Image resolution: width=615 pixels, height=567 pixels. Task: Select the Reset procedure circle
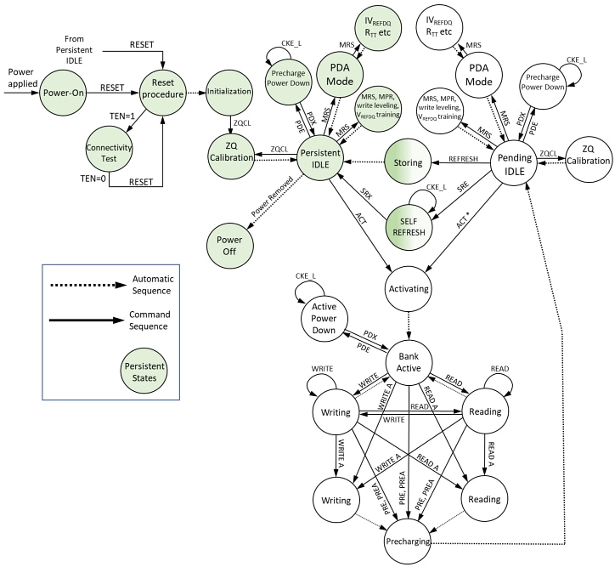click(158, 87)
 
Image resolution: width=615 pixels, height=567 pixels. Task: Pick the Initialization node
click(231, 87)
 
